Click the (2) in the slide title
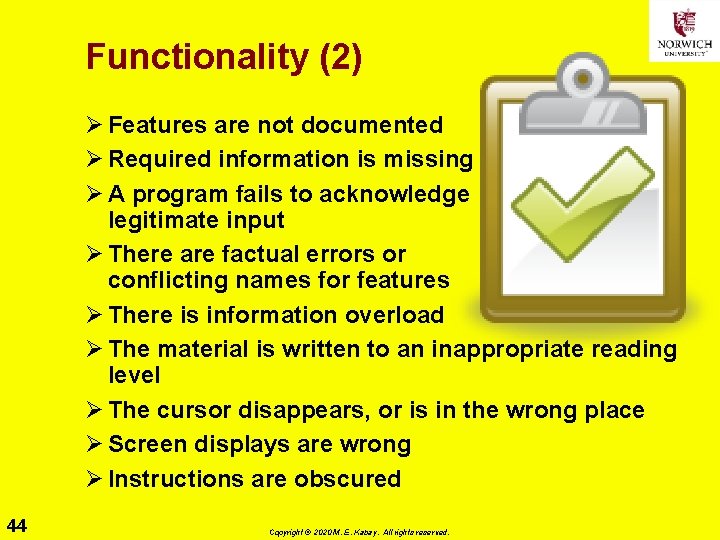[x=340, y=57]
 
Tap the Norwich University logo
[x=683, y=31]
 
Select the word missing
[x=431, y=159]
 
